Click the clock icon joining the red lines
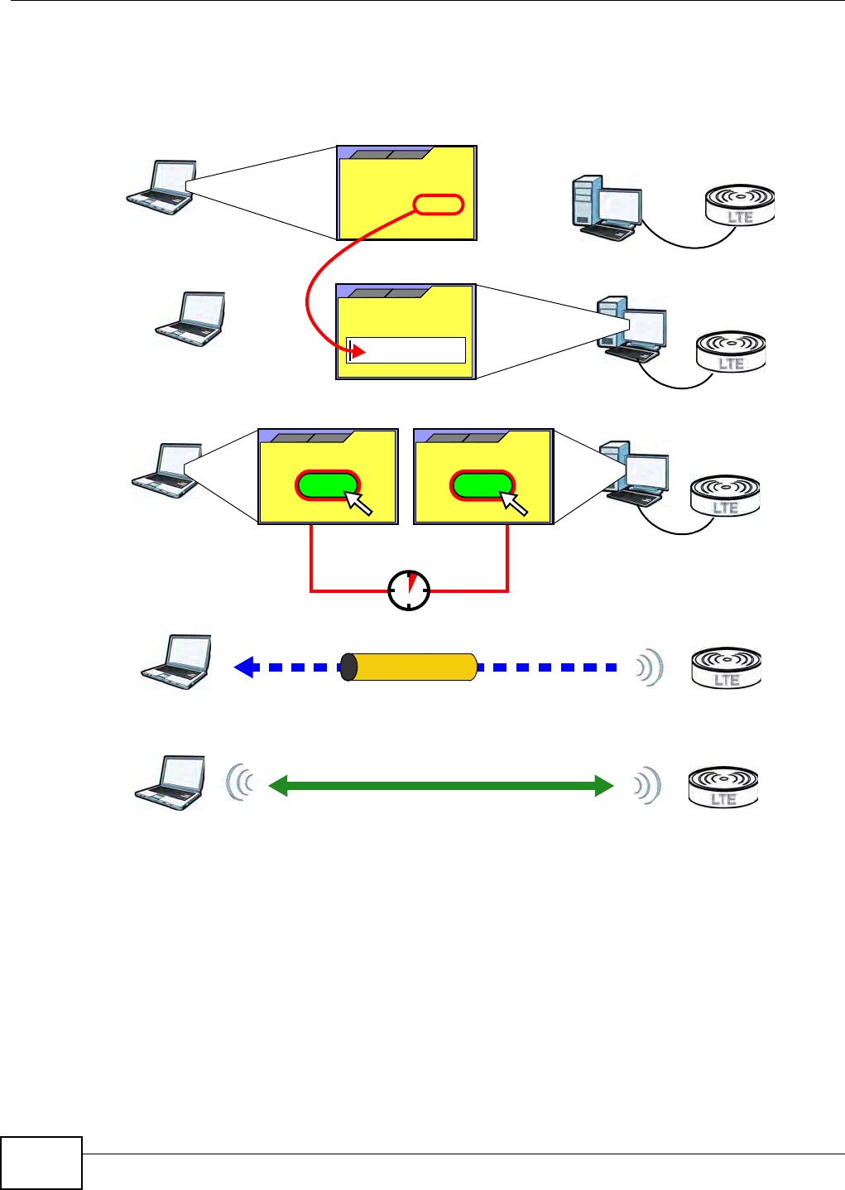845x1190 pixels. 409,590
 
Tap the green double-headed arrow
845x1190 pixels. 441,786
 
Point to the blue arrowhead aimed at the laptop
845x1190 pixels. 243,667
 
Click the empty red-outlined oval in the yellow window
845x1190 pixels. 438,205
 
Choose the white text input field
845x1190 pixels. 406,350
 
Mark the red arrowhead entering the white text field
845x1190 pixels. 358,353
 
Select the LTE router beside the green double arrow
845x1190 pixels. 723,787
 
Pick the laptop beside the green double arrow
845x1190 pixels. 170,782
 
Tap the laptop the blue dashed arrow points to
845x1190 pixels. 176,662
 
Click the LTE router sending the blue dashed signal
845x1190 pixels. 726,667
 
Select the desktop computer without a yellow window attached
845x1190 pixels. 606,206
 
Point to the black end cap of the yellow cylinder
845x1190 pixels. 348,667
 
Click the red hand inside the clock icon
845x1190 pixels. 411,581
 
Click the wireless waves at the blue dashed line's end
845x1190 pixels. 650,667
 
